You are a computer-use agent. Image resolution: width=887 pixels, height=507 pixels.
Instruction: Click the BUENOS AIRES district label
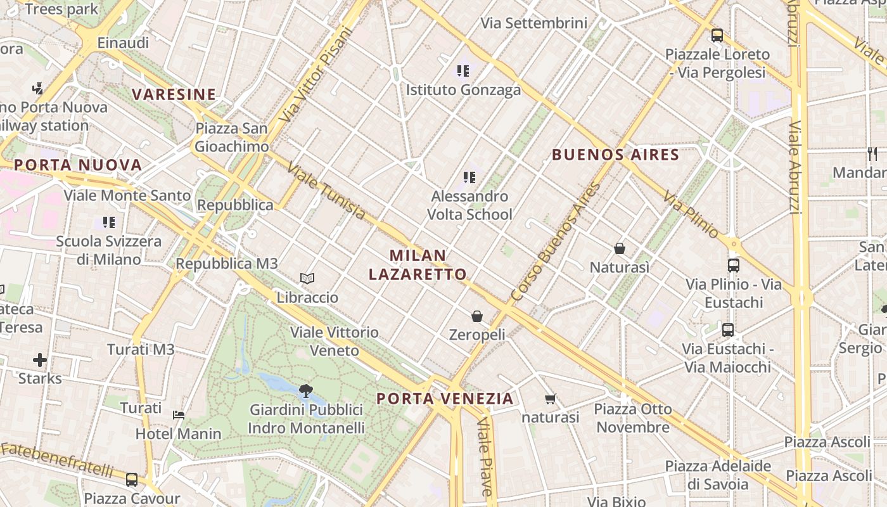(x=615, y=155)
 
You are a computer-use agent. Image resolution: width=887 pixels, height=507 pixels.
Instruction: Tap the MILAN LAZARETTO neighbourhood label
(x=418, y=265)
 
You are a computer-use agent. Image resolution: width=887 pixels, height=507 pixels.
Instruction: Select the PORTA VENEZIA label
(x=445, y=399)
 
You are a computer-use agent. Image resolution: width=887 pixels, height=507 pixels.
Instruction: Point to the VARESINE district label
(x=174, y=94)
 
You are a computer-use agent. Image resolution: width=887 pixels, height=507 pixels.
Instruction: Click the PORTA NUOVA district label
(x=77, y=165)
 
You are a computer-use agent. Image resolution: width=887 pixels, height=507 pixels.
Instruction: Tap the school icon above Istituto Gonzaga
(x=463, y=71)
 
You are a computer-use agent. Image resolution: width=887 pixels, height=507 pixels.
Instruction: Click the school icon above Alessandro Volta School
(x=469, y=177)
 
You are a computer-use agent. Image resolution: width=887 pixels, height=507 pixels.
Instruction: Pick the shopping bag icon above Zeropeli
(x=477, y=316)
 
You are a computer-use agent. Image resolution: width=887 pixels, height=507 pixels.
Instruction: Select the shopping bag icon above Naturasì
(x=620, y=248)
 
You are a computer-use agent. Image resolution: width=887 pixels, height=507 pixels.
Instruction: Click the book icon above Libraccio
(x=307, y=278)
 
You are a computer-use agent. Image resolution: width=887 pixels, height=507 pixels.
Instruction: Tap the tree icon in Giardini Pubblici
(x=306, y=390)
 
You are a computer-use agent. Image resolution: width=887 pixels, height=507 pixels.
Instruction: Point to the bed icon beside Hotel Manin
(x=179, y=415)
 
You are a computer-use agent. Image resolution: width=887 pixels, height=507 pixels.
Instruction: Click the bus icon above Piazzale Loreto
(x=717, y=35)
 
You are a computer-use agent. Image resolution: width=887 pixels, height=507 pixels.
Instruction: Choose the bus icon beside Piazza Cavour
(x=132, y=479)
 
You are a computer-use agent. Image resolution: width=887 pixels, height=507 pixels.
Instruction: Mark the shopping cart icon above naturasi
(x=550, y=399)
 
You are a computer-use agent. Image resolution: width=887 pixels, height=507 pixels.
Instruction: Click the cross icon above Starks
(x=40, y=360)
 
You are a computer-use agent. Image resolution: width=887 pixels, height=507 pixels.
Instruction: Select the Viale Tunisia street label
(x=326, y=191)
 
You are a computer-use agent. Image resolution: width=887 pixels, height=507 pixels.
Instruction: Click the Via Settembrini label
(x=534, y=23)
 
